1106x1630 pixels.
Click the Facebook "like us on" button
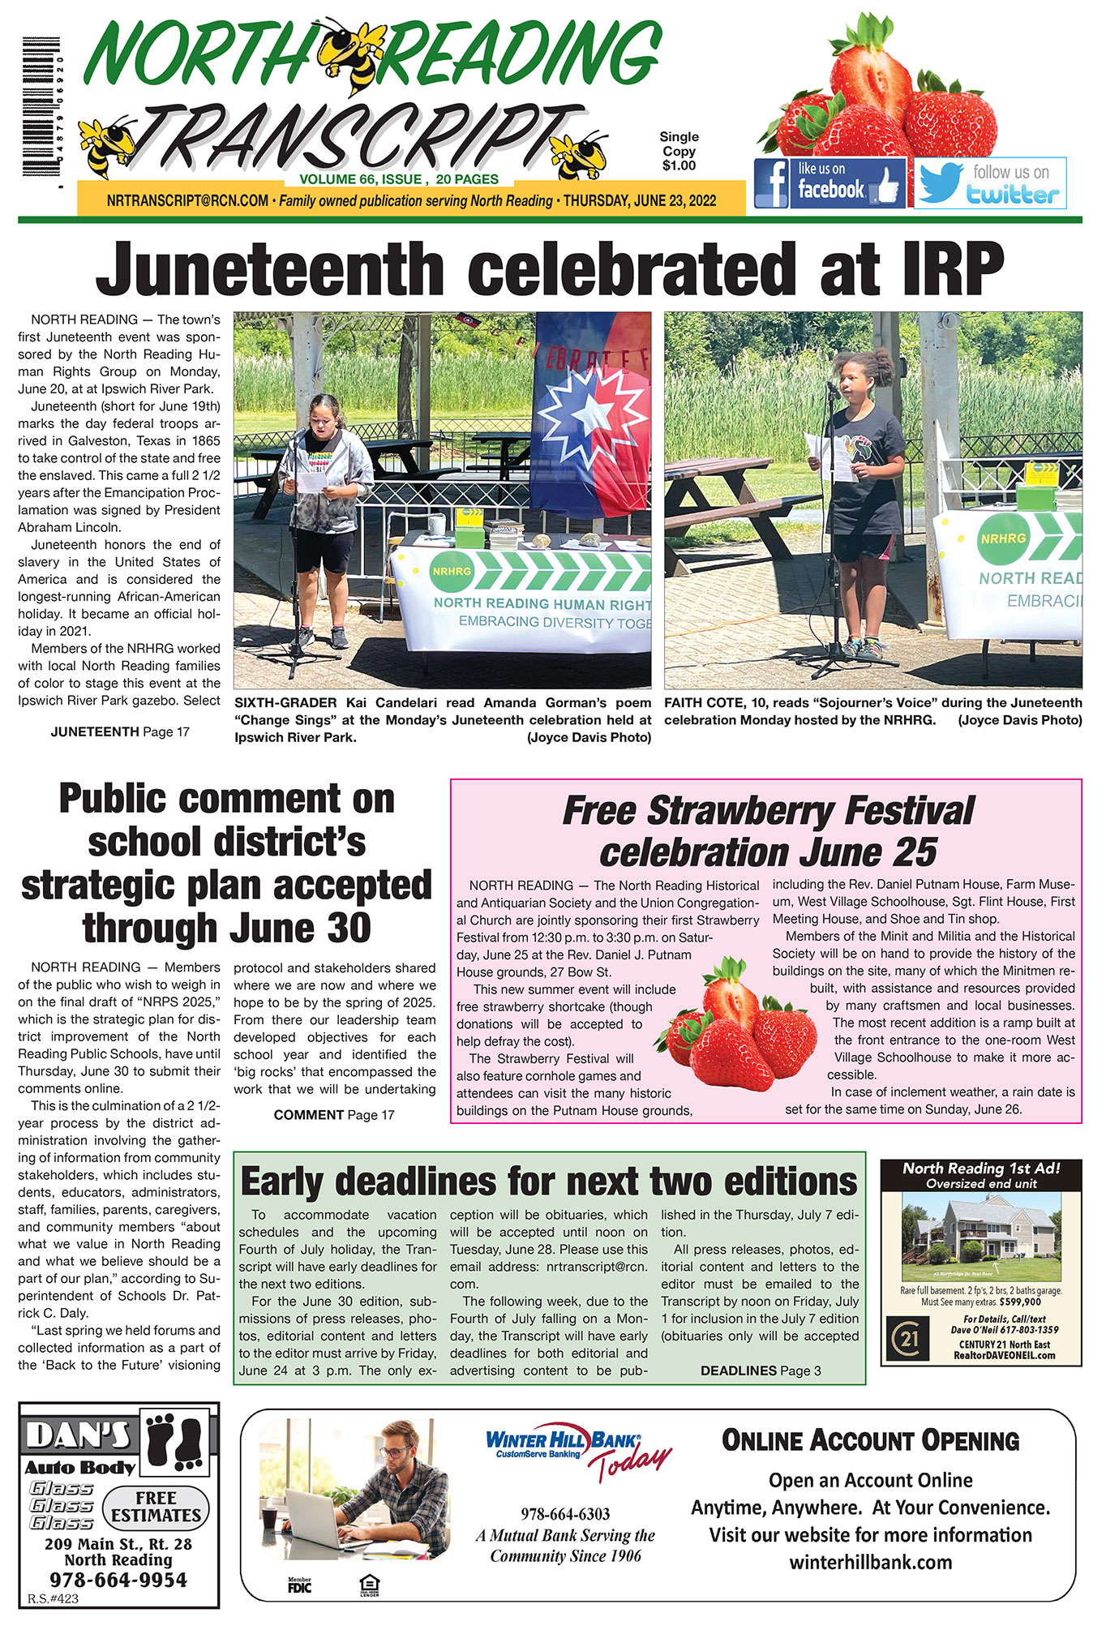pyautogui.click(x=829, y=183)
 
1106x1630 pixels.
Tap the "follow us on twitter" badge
pyautogui.click(x=990, y=183)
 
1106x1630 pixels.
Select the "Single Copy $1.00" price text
pyautogui.click(x=679, y=152)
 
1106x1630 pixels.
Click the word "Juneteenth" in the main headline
pyautogui.click(x=269, y=268)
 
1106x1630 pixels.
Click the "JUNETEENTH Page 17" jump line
pyautogui.click(x=120, y=731)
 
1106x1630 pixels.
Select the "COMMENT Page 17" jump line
pyautogui.click(x=334, y=1115)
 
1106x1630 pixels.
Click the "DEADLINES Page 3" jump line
pyautogui.click(x=760, y=1370)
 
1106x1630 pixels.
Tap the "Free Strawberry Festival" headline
pyautogui.click(x=767, y=811)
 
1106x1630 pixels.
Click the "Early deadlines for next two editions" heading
pyautogui.click(x=548, y=1182)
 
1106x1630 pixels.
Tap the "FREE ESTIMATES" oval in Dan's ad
pyautogui.click(x=156, y=1507)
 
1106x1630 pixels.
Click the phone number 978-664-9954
pyautogui.click(x=118, y=1580)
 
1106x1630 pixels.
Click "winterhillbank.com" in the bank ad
pyautogui.click(x=870, y=1563)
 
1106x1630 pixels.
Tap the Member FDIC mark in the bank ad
pyautogui.click(x=299, y=1585)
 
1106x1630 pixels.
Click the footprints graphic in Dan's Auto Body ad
pyautogui.click(x=176, y=1440)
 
